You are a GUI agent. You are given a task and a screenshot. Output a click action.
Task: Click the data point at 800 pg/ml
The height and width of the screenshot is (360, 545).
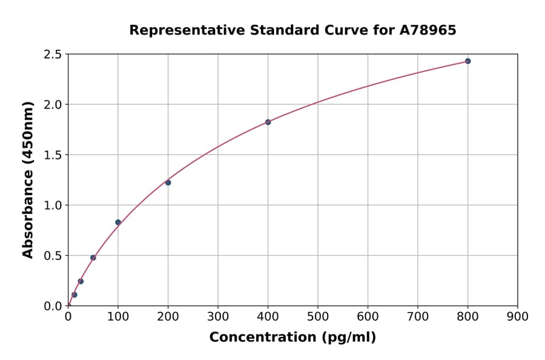pos(467,61)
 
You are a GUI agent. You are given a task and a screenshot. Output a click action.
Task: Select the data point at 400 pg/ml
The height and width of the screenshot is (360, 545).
pos(268,122)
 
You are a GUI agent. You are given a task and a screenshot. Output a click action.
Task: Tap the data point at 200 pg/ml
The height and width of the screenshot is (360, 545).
pos(168,182)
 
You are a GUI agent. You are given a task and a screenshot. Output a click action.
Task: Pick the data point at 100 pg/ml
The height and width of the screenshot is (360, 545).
pos(118,222)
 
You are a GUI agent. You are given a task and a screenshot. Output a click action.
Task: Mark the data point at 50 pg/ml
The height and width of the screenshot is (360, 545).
pos(93,258)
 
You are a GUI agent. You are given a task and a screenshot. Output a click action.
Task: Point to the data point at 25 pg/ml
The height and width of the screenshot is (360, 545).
pos(81,281)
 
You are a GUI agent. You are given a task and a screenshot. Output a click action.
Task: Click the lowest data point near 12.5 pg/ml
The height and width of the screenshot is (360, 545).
pos(74,295)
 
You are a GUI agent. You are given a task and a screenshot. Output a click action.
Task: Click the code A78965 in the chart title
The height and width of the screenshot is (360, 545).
pos(428,30)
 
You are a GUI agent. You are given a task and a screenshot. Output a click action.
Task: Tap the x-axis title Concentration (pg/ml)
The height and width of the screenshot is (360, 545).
pos(292,338)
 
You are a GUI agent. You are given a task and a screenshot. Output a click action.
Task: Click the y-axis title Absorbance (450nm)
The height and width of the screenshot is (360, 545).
pos(28,180)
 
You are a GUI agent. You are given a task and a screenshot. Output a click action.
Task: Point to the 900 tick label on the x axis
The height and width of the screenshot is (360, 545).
pos(517,316)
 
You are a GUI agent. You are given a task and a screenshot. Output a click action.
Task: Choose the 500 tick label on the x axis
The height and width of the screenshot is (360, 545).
pos(317,316)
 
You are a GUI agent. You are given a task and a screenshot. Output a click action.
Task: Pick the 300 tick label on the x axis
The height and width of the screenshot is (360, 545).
pos(218,316)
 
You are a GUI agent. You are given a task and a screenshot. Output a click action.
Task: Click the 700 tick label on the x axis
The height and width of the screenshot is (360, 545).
pos(417,316)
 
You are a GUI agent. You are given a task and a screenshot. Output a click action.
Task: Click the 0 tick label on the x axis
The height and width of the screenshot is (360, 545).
pos(68,316)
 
